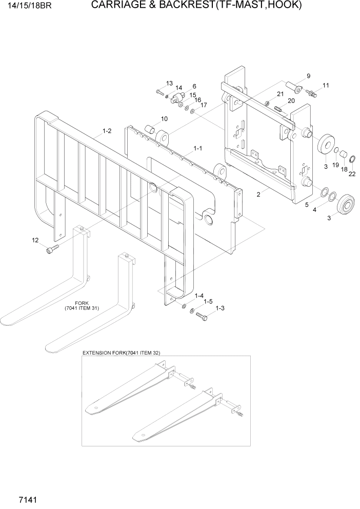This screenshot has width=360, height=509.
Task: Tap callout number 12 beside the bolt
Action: [x=35, y=240]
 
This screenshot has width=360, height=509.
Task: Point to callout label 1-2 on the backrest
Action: [x=107, y=131]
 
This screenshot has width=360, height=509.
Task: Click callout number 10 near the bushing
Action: [x=164, y=119]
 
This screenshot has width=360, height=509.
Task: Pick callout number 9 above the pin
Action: [x=308, y=76]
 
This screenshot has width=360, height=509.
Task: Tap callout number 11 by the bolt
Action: [x=326, y=85]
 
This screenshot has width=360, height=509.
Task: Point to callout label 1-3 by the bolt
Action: [x=220, y=308]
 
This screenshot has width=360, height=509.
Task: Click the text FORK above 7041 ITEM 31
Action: [x=82, y=303]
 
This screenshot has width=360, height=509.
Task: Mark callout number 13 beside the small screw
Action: [x=169, y=83]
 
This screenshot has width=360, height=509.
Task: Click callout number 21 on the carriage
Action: [x=280, y=94]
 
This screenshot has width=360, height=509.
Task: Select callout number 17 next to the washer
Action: [x=204, y=105]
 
